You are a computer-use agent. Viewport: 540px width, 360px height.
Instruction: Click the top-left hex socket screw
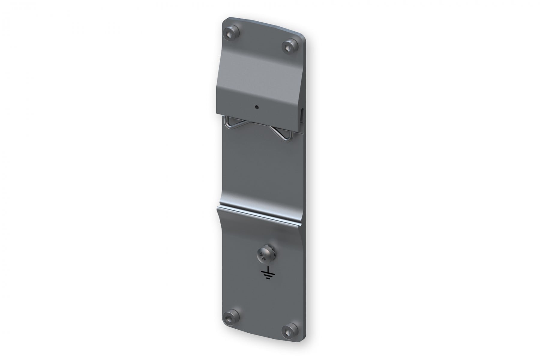click(232, 32)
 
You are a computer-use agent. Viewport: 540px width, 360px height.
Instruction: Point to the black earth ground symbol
click(265, 274)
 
